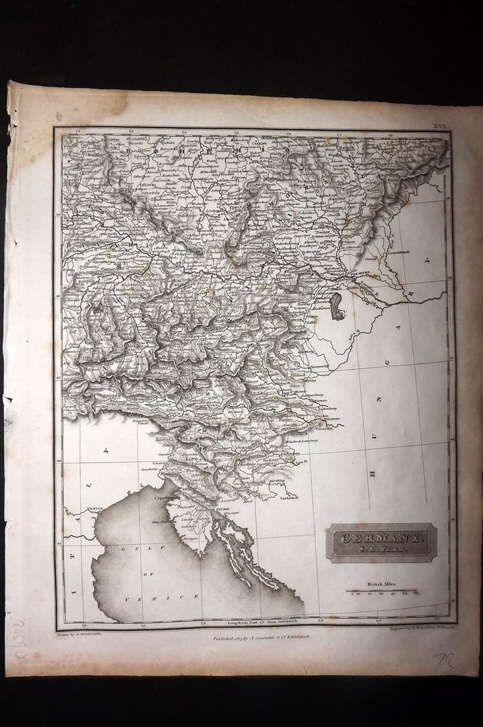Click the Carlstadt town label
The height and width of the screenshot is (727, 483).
pyautogui.click(x=291, y=497)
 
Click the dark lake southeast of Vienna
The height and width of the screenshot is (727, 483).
pyautogui.click(x=337, y=306)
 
